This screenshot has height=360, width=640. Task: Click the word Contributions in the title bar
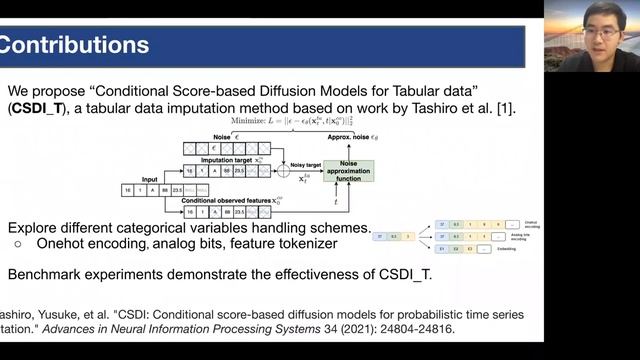(x=75, y=45)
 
